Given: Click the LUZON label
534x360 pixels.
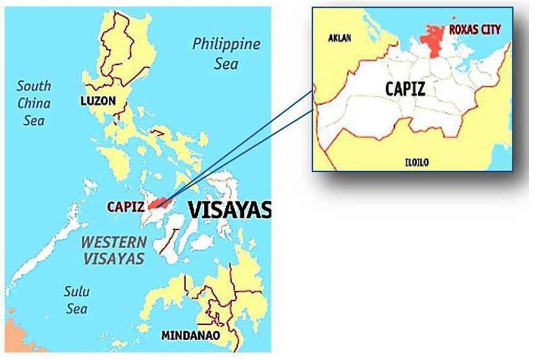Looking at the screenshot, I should click(x=98, y=100).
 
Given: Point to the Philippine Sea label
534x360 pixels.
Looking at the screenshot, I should click(x=226, y=53).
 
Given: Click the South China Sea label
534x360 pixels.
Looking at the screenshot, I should click(x=34, y=102).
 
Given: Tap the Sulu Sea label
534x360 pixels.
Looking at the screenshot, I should click(x=77, y=300).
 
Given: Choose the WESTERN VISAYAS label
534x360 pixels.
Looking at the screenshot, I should click(x=113, y=250).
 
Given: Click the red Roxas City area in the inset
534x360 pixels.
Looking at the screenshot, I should click(x=433, y=40).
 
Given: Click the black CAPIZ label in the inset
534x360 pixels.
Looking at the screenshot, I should click(x=405, y=88).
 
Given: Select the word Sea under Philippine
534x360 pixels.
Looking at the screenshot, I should click(x=227, y=64).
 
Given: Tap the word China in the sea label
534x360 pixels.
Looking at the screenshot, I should click(x=34, y=102).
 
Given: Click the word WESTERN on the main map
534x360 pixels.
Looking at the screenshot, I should click(x=113, y=242).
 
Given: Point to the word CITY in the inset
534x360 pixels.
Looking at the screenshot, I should click(x=490, y=29).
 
